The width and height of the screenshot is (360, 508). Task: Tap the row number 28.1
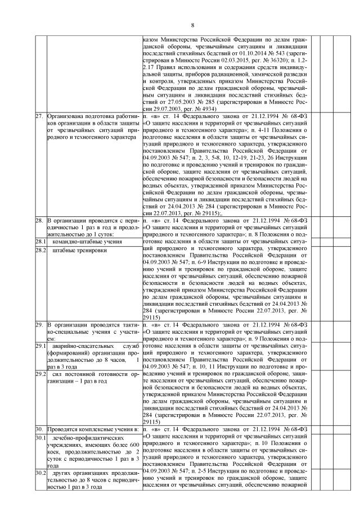tap(40, 241)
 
